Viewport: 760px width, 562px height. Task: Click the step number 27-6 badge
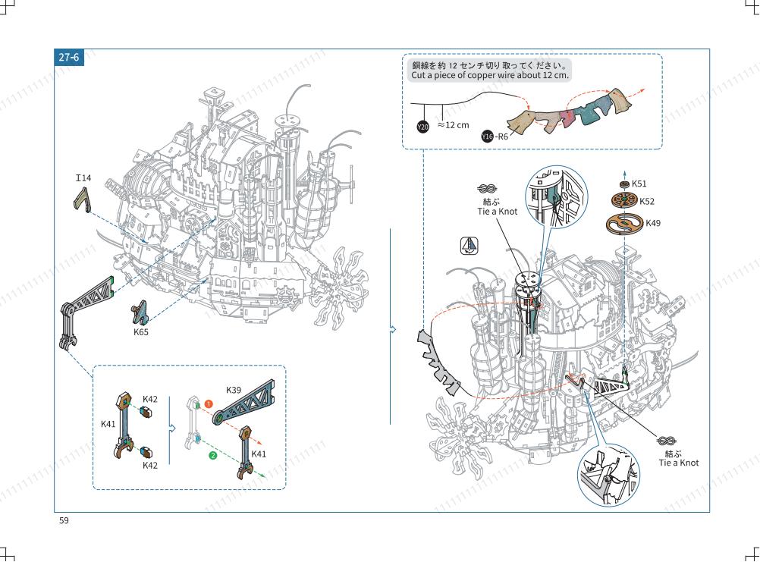tap(69, 57)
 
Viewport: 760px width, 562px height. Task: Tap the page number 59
tap(64, 520)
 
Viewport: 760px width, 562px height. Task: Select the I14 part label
tap(83, 177)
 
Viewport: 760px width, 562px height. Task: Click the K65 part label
tap(141, 332)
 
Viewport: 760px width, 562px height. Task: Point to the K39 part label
tap(234, 390)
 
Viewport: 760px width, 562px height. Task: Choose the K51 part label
tap(639, 184)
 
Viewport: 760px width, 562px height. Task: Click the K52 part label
tap(646, 202)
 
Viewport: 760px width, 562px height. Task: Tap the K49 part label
tap(653, 223)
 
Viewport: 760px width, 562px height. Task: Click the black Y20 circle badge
tap(423, 127)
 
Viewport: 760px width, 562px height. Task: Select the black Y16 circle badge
tap(487, 137)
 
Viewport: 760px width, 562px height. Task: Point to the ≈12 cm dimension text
tap(453, 125)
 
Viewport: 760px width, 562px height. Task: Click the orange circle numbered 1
tap(209, 403)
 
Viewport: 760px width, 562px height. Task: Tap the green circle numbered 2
tap(212, 455)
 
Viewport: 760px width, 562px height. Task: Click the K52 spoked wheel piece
tap(624, 199)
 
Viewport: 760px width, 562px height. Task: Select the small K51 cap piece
tap(625, 184)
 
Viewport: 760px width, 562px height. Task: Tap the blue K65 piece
tap(140, 312)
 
